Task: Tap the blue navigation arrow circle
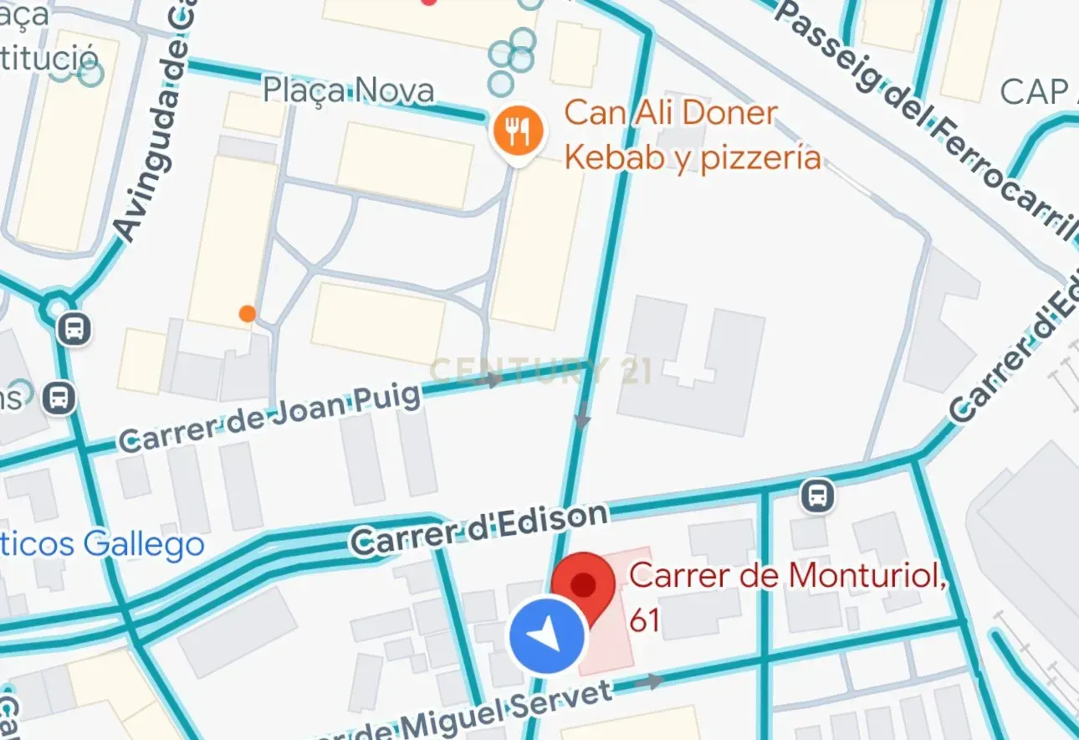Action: tap(547, 639)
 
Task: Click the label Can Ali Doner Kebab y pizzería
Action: tap(692, 135)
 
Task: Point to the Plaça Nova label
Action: tap(348, 90)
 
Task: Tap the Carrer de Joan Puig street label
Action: tap(269, 419)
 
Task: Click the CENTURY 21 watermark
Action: tap(540, 370)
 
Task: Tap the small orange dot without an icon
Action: tap(247, 314)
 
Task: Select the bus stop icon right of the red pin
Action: tap(817, 496)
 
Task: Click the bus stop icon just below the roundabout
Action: tap(74, 328)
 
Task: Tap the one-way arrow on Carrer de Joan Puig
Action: tap(493, 380)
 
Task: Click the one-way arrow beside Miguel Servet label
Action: tap(647, 681)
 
